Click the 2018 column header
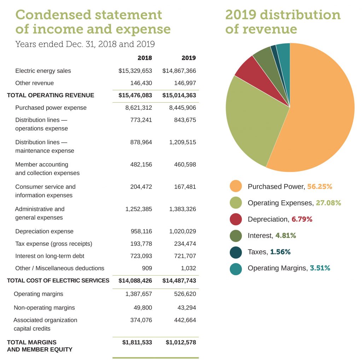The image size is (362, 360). click(145, 58)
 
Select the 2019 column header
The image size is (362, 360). click(188, 58)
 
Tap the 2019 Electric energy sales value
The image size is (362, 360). click(179, 71)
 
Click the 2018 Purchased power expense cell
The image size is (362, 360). click(139, 108)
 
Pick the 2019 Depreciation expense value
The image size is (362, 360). click(182, 231)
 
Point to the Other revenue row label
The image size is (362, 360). click(35, 83)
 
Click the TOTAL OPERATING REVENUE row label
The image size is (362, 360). click(51, 95)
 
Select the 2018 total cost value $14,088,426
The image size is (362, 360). click(132, 280)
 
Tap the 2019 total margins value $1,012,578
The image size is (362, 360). click(181, 342)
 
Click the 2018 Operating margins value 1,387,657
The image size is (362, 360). click(139, 294)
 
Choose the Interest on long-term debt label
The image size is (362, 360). click(50, 256)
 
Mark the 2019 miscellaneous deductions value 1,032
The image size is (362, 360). click(188, 268)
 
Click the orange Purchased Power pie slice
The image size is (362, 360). click(318, 113)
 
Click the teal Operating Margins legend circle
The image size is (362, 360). click(236, 268)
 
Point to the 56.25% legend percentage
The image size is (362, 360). click(320, 186)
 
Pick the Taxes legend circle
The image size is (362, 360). click(236, 252)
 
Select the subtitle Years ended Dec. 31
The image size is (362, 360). click(85, 44)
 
